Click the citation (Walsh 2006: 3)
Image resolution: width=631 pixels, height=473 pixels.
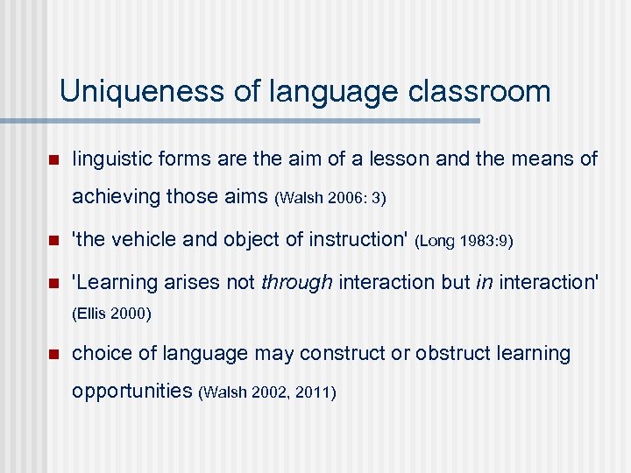pos(330,199)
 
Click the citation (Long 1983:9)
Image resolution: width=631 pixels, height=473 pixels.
pos(464,240)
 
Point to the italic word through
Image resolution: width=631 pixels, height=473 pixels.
pos(297,282)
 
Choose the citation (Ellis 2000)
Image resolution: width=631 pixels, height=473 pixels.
pos(112,314)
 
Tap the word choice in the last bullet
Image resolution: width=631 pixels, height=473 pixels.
pos(98,354)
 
